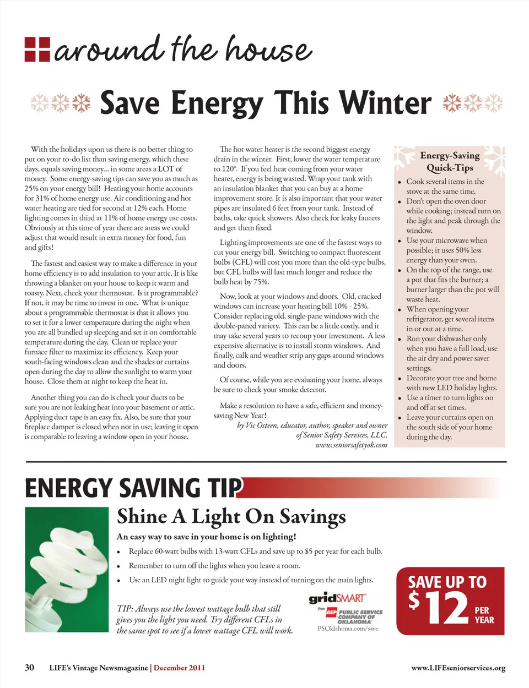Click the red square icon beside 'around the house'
37,49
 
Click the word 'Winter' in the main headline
385,103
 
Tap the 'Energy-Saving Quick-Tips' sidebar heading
450,161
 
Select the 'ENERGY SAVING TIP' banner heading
134,488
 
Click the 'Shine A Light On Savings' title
231,517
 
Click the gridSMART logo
337,598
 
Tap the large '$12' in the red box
439,607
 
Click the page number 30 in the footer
29,668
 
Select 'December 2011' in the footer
179,668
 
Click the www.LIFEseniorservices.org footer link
458,668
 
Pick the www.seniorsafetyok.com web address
352,445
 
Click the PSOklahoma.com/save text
348,628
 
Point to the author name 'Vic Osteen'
262,425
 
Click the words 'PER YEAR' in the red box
484,615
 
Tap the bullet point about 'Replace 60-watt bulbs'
255,551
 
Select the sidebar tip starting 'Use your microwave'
446,250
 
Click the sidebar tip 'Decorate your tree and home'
451,383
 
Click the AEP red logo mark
331,611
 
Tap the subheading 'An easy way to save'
207,537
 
